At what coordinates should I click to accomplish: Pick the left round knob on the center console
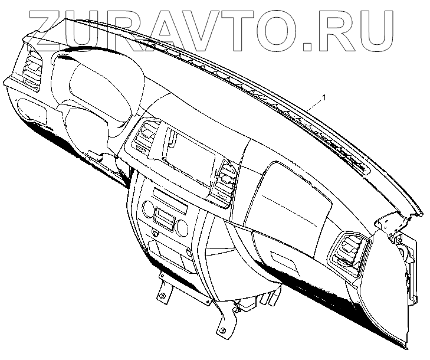pos(148,210)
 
